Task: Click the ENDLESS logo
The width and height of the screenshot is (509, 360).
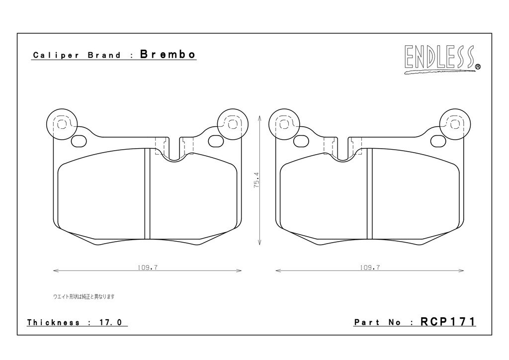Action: (x=442, y=59)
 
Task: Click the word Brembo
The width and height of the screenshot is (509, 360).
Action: (x=168, y=54)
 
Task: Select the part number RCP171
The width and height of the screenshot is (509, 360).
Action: (x=448, y=322)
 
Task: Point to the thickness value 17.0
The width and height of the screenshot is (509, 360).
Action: (x=110, y=322)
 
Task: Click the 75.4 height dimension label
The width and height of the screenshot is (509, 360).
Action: (x=256, y=180)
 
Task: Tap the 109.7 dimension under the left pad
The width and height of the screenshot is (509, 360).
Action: (x=147, y=268)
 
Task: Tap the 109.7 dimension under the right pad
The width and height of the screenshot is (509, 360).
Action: (x=370, y=268)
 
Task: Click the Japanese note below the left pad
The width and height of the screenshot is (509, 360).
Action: (x=84, y=296)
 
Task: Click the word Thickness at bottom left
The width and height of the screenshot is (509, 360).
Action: (x=53, y=322)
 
